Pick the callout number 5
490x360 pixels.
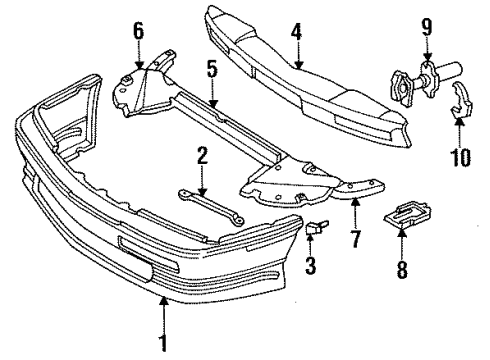[x=211, y=69]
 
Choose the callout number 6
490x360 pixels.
[x=138, y=31]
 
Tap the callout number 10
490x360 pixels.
[x=459, y=156]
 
